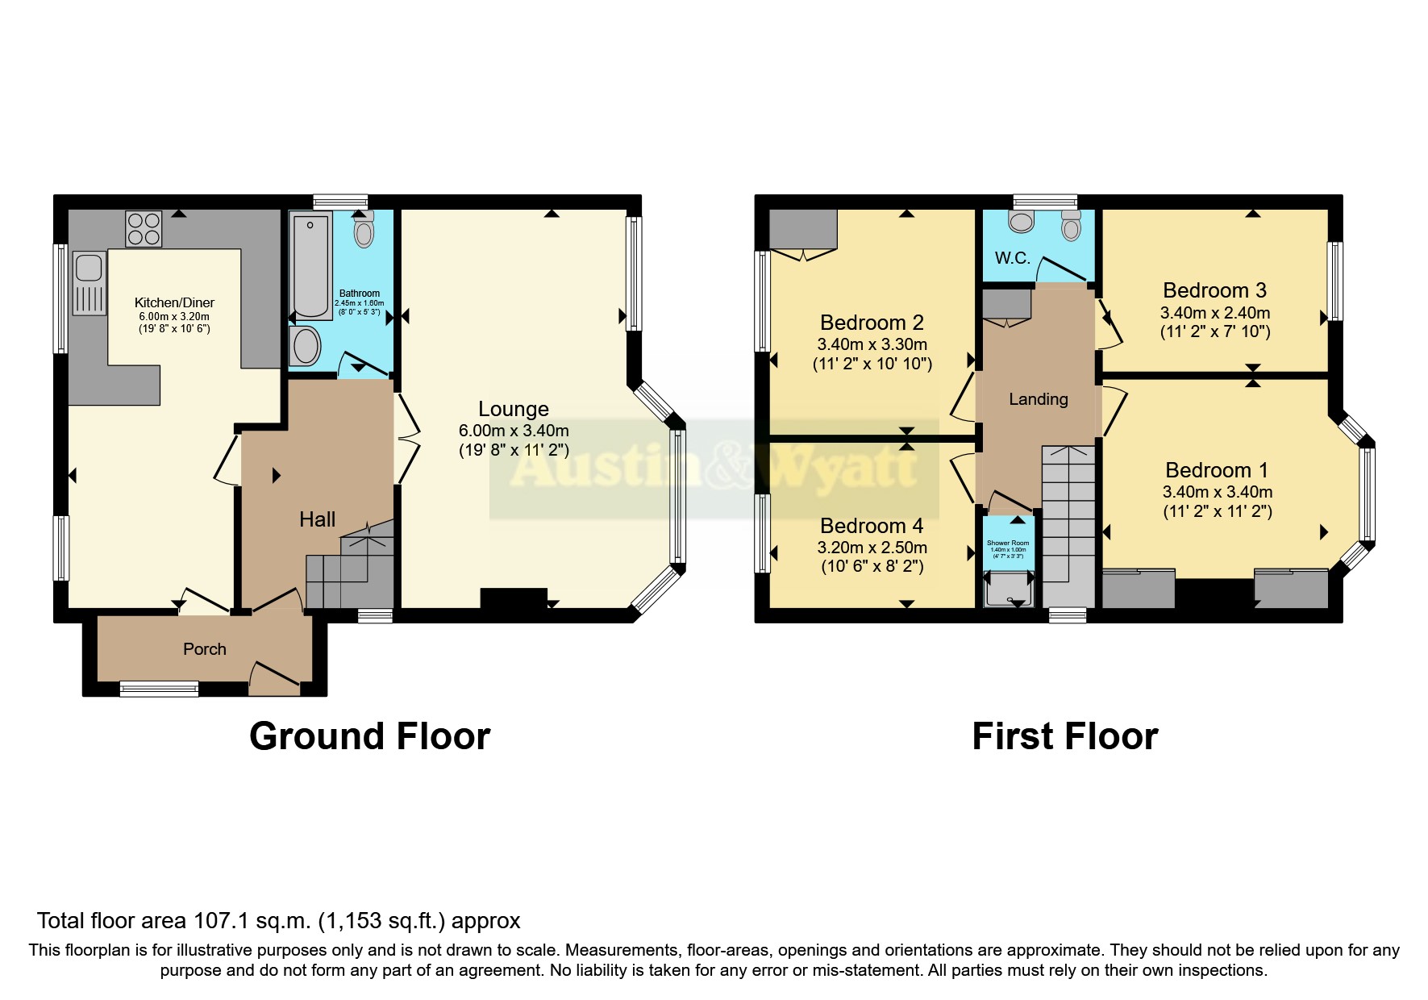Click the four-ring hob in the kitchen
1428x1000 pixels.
pos(144,227)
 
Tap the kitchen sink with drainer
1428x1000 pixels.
pos(90,282)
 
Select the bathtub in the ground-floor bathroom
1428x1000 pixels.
pos(311,266)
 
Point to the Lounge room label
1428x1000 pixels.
pos(513,409)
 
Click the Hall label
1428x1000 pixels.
pos(317,519)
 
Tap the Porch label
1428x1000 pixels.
pos(205,649)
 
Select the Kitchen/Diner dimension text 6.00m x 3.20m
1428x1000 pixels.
pos(174,316)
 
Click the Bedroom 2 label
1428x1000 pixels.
pos(872,323)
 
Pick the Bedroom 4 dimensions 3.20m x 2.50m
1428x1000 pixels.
pos(872,548)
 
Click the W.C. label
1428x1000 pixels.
pos(1012,258)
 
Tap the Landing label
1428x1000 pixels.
pos(1038,399)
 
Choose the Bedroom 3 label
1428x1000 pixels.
pos(1214,290)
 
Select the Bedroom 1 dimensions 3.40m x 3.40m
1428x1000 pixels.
pos(1217,492)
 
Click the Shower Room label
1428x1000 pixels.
pos(1008,543)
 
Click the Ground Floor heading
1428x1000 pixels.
pos(369,736)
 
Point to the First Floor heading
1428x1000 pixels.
pos(1064,736)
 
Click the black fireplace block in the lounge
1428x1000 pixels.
pos(514,598)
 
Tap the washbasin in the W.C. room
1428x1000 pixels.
pos(1021,222)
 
